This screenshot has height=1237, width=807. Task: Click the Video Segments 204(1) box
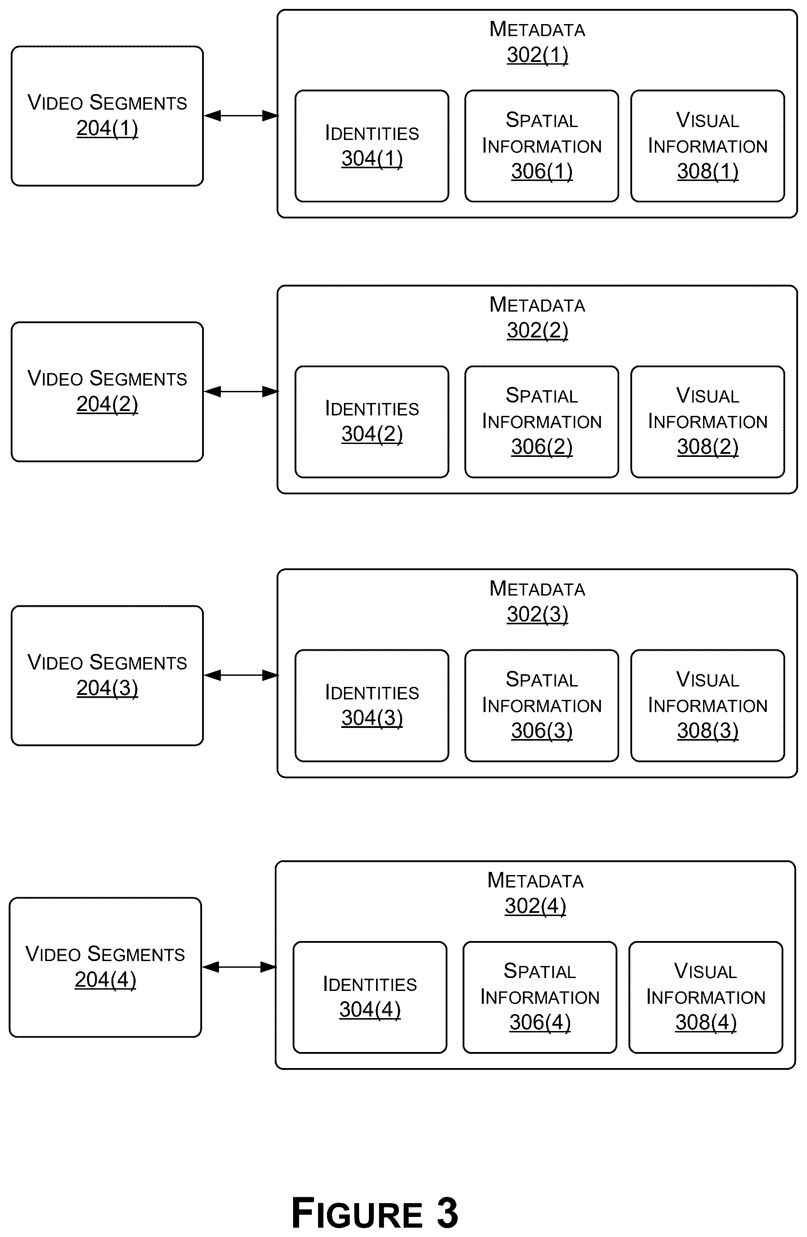point(107,116)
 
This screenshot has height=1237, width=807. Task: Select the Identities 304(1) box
point(372,146)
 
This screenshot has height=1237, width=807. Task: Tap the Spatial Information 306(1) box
point(542,146)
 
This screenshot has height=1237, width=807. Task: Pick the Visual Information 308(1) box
point(708,146)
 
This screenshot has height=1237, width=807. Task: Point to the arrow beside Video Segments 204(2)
point(241,391)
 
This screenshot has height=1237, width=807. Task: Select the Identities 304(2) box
point(372,422)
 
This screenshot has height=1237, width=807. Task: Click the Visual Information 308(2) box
point(708,422)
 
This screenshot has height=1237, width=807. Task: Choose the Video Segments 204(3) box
point(107,675)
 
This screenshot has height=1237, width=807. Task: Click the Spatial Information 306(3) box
point(542,705)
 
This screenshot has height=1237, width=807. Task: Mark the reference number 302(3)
point(538,614)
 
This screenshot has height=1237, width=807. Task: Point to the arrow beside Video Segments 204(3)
point(241,675)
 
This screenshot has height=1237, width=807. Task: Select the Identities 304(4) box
point(370,997)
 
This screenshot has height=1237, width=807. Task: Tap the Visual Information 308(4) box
point(706,997)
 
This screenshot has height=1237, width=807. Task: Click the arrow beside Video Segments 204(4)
point(239,967)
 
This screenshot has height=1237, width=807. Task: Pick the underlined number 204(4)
point(106,980)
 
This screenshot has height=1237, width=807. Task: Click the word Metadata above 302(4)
point(536,880)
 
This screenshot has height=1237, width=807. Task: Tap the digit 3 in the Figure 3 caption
point(447,1212)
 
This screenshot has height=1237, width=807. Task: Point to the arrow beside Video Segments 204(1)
point(241,116)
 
